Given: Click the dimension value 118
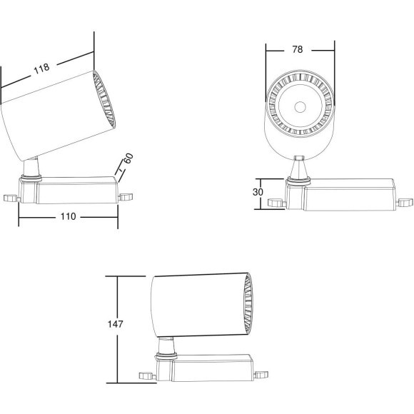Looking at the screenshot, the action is click(x=41, y=69).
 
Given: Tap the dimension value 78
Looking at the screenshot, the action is click(x=298, y=49).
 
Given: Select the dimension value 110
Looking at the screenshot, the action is click(x=68, y=216).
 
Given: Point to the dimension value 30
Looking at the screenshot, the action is click(x=258, y=192).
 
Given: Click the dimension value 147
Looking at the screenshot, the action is click(x=116, y=324).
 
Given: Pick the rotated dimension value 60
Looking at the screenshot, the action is click(x=128, y=158).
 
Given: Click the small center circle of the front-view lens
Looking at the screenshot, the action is click(x=301, y=107).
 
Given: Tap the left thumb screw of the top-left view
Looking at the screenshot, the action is click(x=11, y=198).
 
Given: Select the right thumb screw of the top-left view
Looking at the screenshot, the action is click(x=126, y=197).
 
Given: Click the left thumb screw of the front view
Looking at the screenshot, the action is click(x=276, y=203).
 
